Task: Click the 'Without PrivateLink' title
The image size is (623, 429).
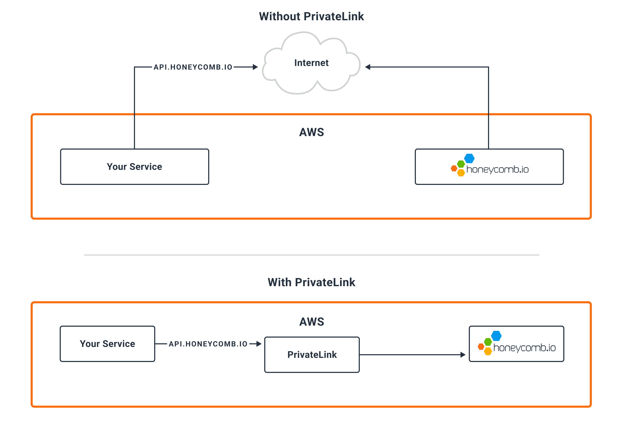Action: pos(311,16)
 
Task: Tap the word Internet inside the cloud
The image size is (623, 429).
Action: pos(311,63)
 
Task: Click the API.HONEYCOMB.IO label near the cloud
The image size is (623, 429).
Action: pos(193,67)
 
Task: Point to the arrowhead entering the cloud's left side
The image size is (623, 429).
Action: pos(255,67)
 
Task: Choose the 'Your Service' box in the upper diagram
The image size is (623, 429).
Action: pos(134,167)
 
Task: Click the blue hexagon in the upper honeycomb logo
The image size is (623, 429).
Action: pos(469,158)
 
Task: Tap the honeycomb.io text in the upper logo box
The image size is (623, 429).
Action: pos(498,169)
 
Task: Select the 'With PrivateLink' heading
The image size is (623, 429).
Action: pos(311,282)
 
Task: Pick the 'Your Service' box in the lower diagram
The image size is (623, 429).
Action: pos(107,344)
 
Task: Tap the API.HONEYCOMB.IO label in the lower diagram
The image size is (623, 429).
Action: pos(208,344)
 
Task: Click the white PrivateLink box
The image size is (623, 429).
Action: pos(312,354)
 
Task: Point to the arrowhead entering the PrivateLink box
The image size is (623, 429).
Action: pos(259,344)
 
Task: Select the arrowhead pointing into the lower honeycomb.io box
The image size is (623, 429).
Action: pos(463,355)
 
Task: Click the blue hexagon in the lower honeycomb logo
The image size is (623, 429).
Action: pos(496,336)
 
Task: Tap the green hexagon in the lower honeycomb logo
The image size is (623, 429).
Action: pos(488,342)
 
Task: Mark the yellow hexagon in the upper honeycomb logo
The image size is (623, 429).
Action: pos(461,173)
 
